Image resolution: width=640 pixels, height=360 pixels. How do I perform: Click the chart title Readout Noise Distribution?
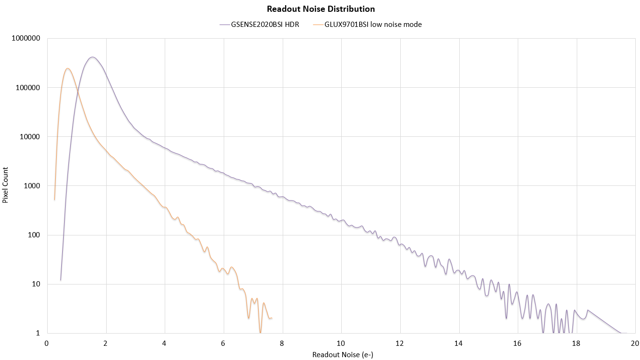[x=320, y=9]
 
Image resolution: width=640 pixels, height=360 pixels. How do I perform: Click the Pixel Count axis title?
[x=5, y=185]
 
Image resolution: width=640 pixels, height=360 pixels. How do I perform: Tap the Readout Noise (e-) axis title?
[x=343, y=354]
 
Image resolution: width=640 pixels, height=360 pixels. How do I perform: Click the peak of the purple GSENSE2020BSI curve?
[x=92, y=57]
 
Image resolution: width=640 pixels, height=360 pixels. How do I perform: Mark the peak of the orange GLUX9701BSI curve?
[x=67, y=68]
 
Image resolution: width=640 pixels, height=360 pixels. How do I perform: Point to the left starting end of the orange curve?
[x=55, y=200]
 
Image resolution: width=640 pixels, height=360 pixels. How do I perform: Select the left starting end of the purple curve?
[x=60, y=280]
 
